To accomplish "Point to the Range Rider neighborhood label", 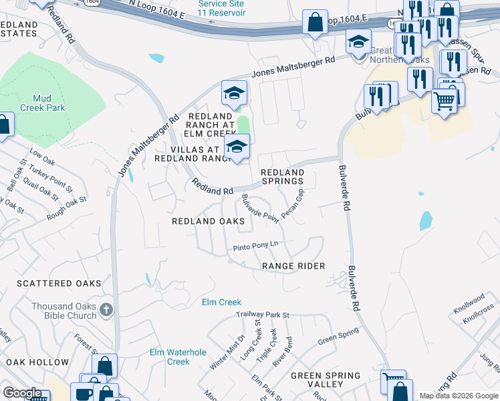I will (x=293, y=266).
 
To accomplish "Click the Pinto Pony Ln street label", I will (x=255, y=247).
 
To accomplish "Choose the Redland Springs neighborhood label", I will (x=282, y=177).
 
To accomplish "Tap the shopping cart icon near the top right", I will (x=444, y=102).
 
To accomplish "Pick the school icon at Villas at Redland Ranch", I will (x=236, y=148).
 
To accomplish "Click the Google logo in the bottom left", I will (x=22, y=393).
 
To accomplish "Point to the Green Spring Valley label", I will (x=326, y=380).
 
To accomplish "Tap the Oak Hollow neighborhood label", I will (x=37, y=362).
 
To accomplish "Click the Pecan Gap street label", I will (x=293, y=203).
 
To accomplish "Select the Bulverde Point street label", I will (x=260, y=209).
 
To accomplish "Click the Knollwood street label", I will (x=468, y=299).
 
